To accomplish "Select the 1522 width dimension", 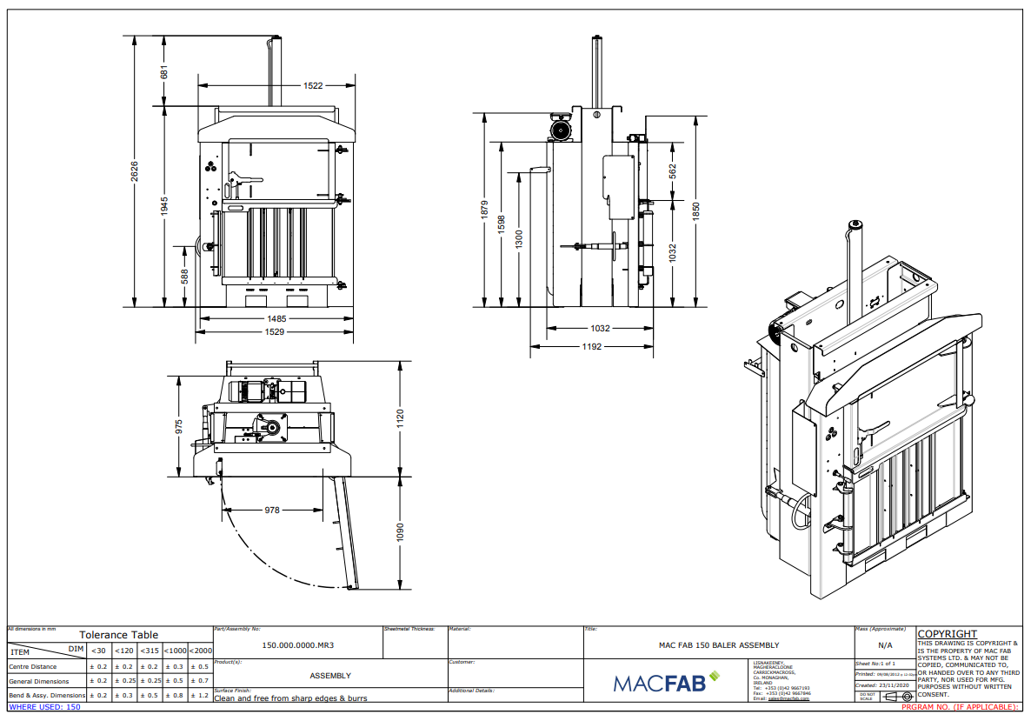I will (x=313, y=85).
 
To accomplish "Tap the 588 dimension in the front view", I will (x=185, y=276).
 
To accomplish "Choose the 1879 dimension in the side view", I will (x=485, y=210).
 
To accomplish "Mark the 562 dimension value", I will (x=673, y=170).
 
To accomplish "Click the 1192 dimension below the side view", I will (x=592, y=345).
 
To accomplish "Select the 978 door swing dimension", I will (x=272, y=511).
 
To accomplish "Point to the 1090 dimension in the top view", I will (x=401, y=532).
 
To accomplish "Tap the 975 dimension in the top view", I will (x=179, y=426).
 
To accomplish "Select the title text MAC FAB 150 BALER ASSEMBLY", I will (x=719, y=645).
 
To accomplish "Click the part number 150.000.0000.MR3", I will (x=298, y=646).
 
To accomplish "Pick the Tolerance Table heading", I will (x=119, y=635).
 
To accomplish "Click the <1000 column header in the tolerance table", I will (x=176, y=651).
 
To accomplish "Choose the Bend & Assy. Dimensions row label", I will (x=47, y=695).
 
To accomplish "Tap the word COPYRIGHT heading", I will (x=948, y=634).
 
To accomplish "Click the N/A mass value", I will (x=885, y=645).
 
